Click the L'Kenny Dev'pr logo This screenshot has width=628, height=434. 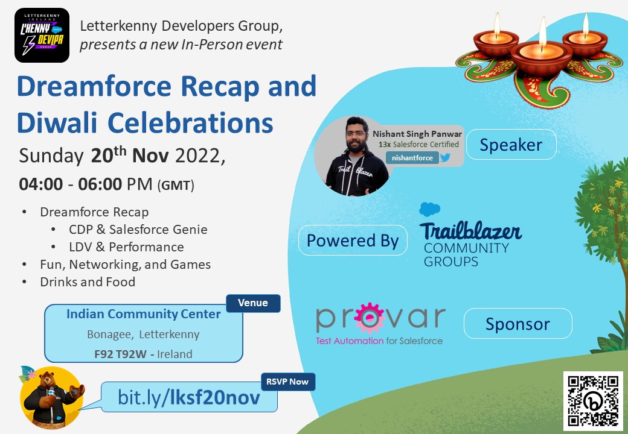[x=42, y=36]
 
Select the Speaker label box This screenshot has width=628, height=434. [x=511, y=145]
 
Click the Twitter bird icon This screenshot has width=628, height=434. [x=446, y=158]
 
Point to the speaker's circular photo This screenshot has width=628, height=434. [x=354, y=156]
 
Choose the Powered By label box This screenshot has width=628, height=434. [x=353, y=241]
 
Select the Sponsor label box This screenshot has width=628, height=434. [x=517, y=324]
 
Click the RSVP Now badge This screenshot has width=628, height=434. [x=287, y=381]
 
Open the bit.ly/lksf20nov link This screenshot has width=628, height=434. [x=189, y=397]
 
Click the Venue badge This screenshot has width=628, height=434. [x=253, y=303]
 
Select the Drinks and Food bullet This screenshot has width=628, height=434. [x=88, y=281]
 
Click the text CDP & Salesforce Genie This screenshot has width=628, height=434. [x=138, y=229]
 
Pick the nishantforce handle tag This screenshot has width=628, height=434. [x=412, y=158]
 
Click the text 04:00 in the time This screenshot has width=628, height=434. [x=41, y=184]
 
